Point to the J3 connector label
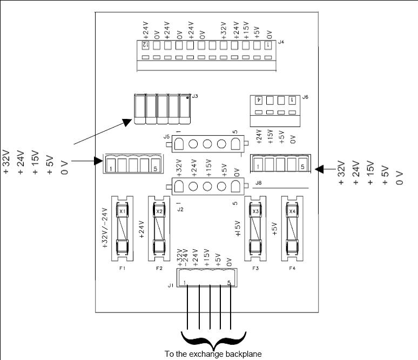194,96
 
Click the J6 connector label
306,97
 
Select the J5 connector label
166,137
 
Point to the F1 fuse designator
122,268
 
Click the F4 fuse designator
292,268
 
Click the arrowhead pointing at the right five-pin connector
319,169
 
